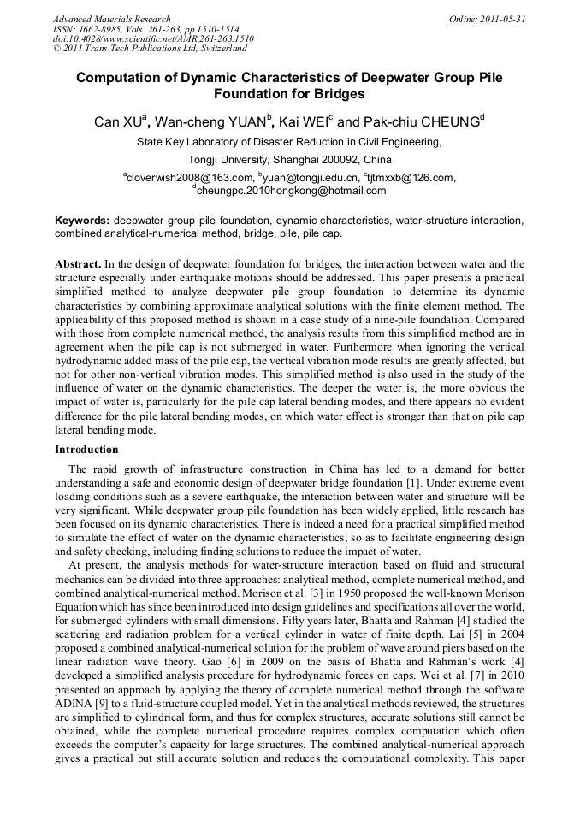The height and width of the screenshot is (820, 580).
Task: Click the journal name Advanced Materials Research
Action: [x=111, y=19]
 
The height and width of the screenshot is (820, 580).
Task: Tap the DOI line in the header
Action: [x=153, y=38]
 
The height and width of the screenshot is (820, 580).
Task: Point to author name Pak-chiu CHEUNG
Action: [x=428, y=122]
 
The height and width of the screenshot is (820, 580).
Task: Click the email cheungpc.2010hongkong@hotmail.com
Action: [x=291, y=191]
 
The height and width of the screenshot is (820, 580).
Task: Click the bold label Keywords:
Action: [x=82, y=221]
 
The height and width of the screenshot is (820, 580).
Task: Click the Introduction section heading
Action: [x=86, y=450]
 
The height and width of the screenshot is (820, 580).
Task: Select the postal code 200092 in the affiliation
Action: [x=340, y=159]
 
